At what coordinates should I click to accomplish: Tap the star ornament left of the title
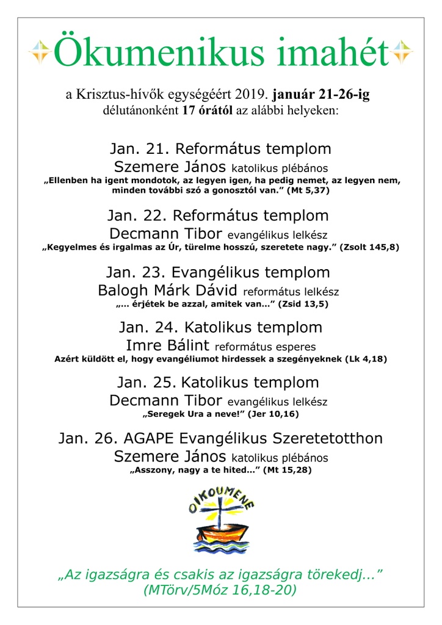coord(40,52)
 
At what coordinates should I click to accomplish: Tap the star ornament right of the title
coord(402,52)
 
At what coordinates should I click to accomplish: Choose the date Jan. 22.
coord(137,216)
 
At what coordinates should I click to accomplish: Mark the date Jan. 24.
coord(147,327)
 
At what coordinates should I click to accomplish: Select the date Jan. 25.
coord(145,383)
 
